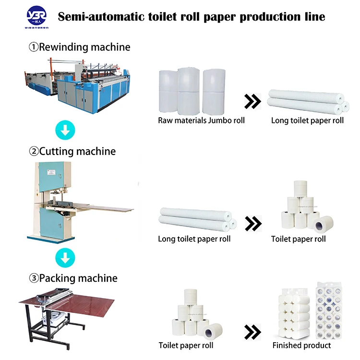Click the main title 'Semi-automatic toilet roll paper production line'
click(x=192, y=17)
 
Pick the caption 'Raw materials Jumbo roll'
click(x=201, y=120)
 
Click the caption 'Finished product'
click(x=301, y=345)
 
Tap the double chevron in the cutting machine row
click(x=252, y=223)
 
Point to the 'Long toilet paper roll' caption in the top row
click(x=307, y=120)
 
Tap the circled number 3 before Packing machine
click(x=34, y=278)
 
